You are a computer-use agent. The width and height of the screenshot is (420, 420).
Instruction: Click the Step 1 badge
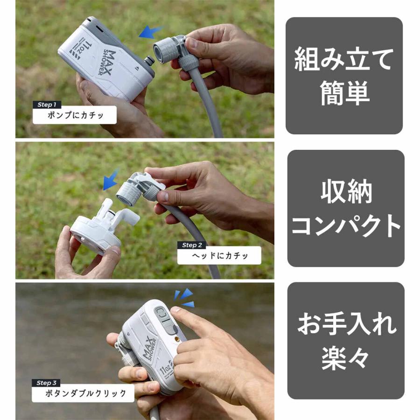[x=47, y=105]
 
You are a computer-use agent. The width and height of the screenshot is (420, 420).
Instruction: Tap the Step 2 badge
[x=192, y=245]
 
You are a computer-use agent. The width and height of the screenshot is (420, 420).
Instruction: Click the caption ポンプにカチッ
[x=75, y=115]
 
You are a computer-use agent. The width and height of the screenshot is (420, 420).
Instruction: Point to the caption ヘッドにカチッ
[x=219, y=255]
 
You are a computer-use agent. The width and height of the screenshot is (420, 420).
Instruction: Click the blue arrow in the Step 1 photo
[x=150, y=32]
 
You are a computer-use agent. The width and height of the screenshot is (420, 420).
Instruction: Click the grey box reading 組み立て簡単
[x=344, y=76]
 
